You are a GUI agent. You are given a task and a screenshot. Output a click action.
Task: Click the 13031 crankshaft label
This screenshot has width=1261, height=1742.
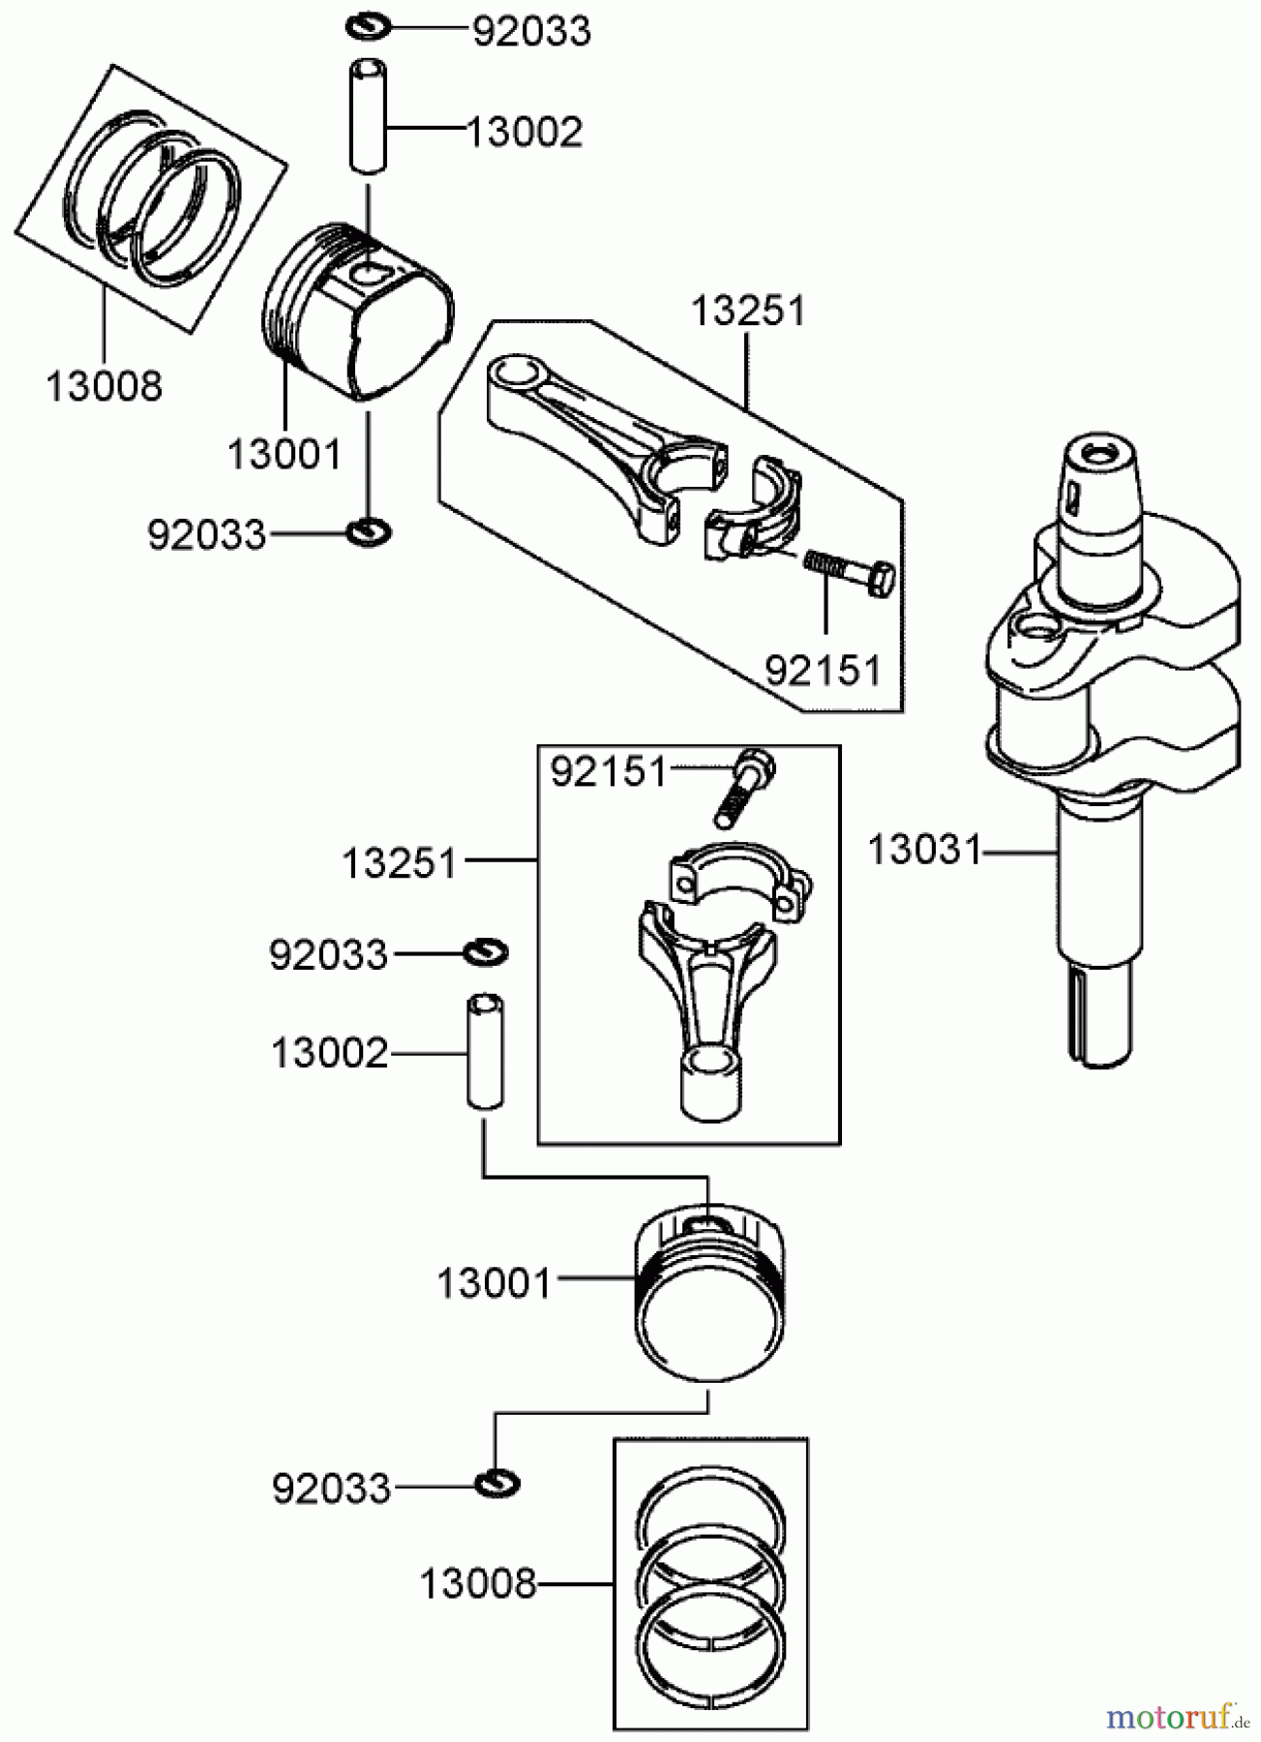923,850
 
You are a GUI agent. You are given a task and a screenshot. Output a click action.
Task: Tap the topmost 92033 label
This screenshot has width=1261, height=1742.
531,32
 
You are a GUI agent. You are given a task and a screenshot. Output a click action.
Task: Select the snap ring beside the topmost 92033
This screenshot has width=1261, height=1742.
368,26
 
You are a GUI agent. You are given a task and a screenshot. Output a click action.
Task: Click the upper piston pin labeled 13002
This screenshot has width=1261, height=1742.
367,116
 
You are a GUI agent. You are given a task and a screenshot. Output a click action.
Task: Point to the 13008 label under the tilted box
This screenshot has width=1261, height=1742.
104,387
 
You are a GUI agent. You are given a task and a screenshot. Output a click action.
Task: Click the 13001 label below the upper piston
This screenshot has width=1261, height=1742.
284,454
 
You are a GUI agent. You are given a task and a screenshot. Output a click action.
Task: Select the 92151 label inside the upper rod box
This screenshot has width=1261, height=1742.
823,670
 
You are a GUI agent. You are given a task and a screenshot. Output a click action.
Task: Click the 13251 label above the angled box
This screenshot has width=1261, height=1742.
747,312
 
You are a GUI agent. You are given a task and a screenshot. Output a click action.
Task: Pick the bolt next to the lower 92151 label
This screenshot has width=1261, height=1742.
744,789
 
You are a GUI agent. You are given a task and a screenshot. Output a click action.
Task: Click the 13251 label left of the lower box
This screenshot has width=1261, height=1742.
399,863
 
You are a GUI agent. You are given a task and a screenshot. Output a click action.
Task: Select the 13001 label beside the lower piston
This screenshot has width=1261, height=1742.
494,1284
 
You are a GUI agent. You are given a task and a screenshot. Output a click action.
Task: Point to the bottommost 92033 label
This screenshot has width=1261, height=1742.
331,1488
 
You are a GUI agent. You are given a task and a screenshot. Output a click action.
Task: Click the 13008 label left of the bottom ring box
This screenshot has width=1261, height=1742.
477,1584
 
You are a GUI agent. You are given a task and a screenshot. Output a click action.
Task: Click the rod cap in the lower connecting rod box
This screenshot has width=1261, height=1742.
740,876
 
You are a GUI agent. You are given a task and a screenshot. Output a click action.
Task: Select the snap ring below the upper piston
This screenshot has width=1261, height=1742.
369,530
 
